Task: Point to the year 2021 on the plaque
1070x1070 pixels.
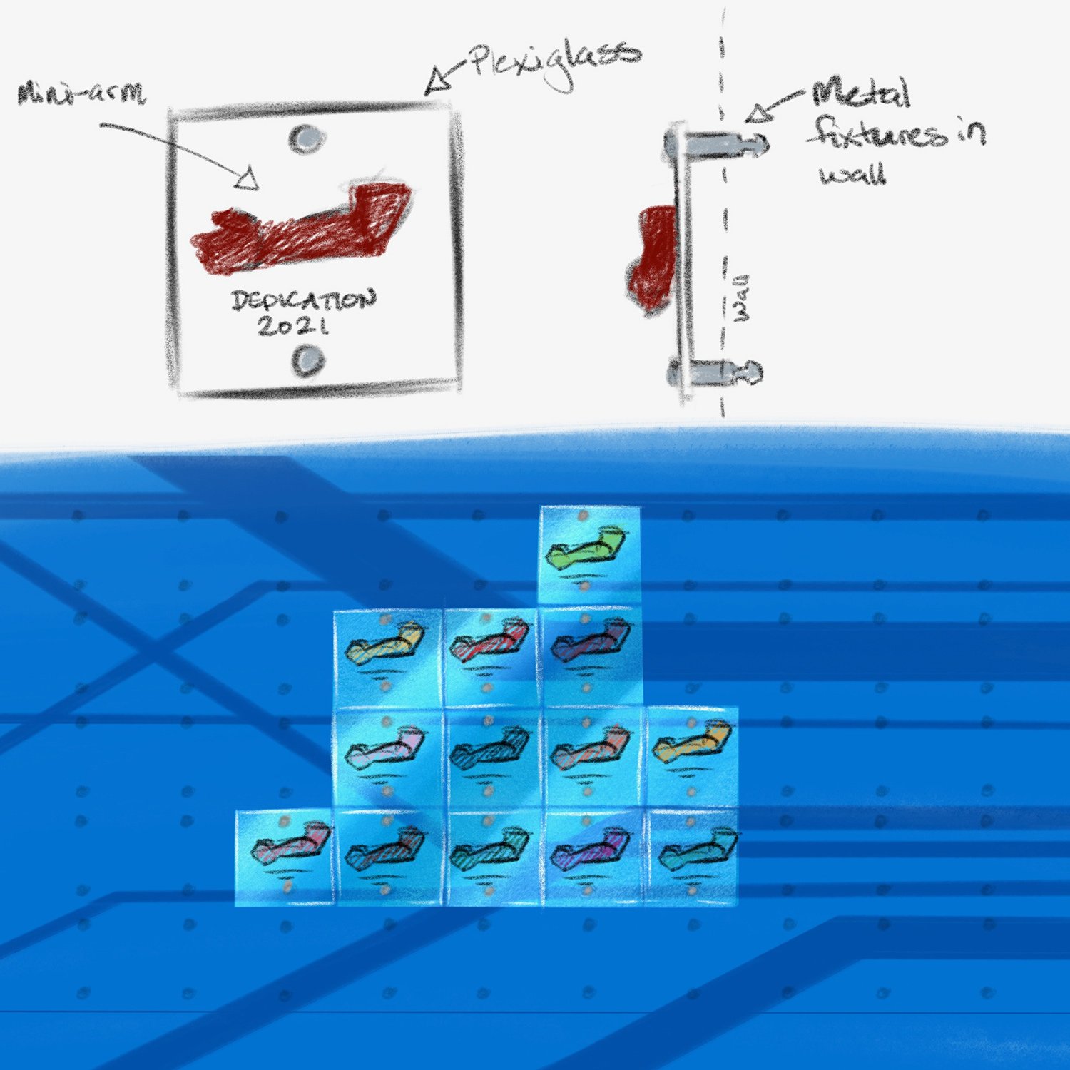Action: tap(293, 327)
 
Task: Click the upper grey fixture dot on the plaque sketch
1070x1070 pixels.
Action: tap(306, 138)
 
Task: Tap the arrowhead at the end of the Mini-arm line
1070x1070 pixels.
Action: tap(246, 180)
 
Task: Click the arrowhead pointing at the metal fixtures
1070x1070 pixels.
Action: tap(760, 112)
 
